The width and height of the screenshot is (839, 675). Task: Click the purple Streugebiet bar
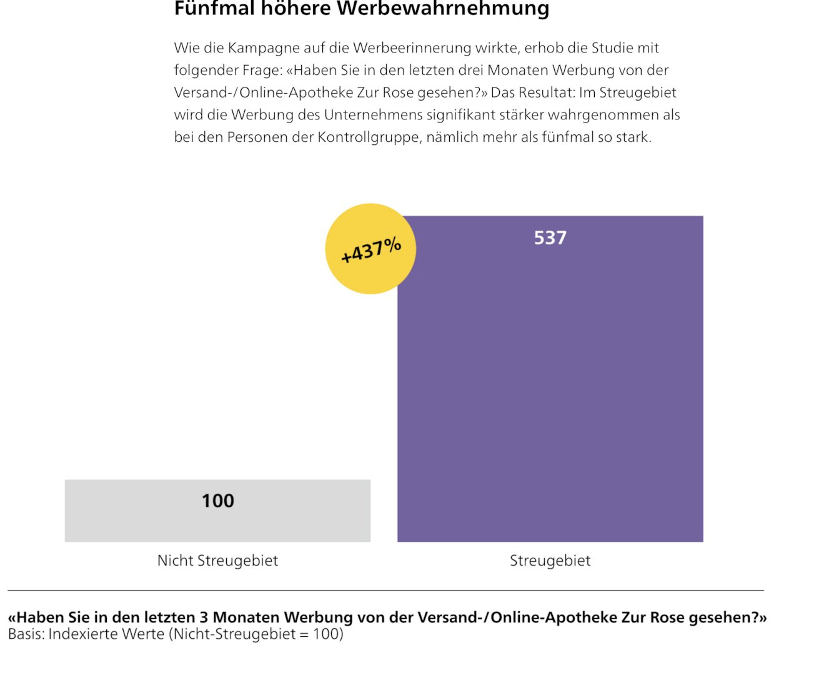(550, 387)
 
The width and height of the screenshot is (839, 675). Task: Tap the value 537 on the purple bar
(550, 237)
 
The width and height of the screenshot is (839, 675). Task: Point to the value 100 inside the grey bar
(217, 501)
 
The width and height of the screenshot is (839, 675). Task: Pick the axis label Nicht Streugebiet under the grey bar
(217, 561)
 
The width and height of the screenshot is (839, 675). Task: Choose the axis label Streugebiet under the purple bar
(550, 561)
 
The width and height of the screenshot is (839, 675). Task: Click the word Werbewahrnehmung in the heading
(444, 9)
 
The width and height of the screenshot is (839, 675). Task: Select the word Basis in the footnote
(24, 634)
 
